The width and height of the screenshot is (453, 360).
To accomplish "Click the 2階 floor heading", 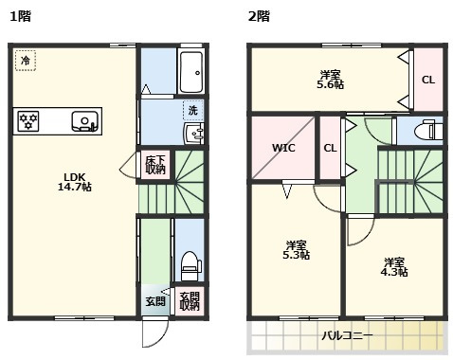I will click(x=258, y=15).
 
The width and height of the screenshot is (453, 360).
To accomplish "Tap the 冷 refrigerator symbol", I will click(x=25, y=60).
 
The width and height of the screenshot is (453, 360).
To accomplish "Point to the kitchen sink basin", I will click(x=84, y=121).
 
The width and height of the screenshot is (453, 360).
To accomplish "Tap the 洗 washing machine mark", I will click(x=192, y=110).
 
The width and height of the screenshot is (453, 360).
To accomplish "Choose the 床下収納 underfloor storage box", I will click(x=155, y=165).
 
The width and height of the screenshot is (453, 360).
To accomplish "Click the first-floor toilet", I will click(x=189, y=262).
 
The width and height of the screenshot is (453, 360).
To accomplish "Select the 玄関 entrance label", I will click(x=154, y=301).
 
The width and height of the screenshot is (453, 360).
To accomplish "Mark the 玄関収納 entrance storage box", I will click(x=190, y=301).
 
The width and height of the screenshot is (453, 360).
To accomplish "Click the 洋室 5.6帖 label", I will click(x=330, y=80).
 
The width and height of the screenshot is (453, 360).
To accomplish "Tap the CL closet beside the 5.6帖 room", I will click(x=427, y=80).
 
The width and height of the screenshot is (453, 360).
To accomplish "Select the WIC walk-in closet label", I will click(x=283, y=148).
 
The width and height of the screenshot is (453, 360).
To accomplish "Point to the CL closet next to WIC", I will click(x=331, y=148).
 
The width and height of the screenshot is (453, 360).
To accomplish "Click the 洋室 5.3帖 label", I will click(x=298, y=249).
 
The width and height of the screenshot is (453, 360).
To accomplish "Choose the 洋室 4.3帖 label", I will click(x=395, y=266).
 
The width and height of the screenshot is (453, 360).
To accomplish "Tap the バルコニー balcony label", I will click(x=346, y=336).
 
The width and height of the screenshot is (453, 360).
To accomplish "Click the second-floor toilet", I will click(x=427, y=131).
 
